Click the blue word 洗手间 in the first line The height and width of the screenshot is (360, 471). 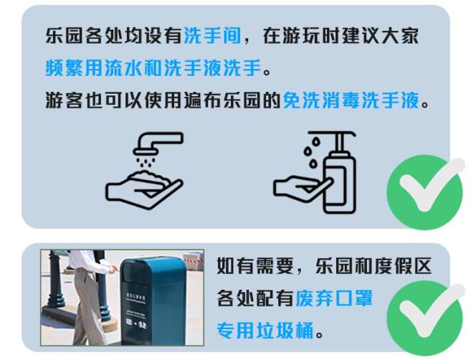(212, 36)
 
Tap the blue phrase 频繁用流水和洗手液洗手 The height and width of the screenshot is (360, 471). (153, 67)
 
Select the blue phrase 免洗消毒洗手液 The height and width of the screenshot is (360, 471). (351, 100)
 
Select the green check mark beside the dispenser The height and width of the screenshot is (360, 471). (426, 190)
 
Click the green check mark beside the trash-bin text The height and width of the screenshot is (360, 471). (426, 316)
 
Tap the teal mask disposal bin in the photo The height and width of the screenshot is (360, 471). (153, 301)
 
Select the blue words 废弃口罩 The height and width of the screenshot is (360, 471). (334, 298)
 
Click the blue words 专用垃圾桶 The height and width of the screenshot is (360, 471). (265, 331)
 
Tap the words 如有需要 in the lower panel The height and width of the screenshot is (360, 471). (254, 266)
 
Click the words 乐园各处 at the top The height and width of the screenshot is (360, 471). (85, 36)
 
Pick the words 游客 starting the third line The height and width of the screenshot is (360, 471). (65, 100)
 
